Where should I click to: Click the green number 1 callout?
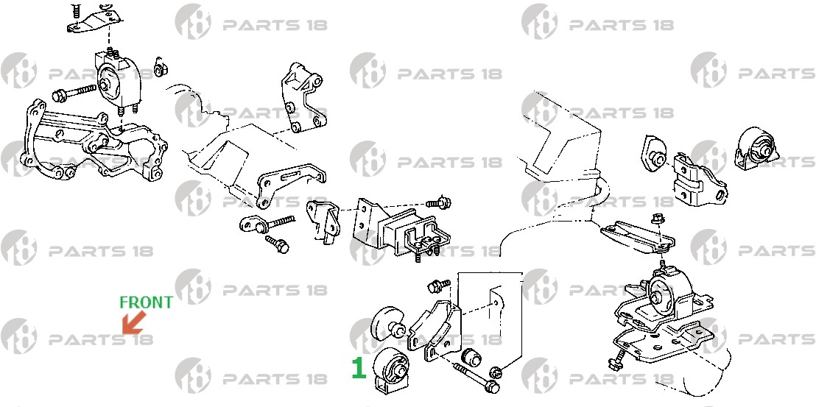[359, 367]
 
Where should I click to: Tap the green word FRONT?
[147, 302]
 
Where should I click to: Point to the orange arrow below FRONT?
[133, 322]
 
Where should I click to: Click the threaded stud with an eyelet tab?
[267, 224]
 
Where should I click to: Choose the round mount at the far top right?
[756, 147]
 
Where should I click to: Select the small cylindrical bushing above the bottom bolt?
[471, 356]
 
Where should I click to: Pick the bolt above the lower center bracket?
[438, 286]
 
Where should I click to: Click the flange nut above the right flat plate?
[656, 219]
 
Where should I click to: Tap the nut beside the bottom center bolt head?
[496, 371]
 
